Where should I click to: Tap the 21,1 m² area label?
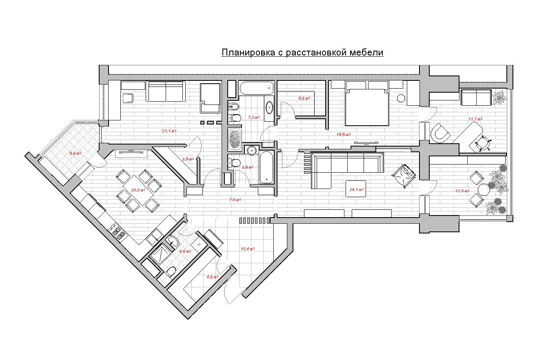click(169, 131)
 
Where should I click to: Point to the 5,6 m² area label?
click(75, 153)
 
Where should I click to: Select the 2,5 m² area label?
click(188, 159)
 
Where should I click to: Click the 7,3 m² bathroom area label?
click(253, 117)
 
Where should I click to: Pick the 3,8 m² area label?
click(248, 167)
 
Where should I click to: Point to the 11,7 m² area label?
click(475, 119)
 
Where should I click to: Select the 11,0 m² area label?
click(462, 191)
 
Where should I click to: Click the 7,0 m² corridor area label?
click(235, 200)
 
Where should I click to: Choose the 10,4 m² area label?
click(248, 249)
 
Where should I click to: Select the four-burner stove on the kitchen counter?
click(118, 232)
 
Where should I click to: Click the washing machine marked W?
click(200, 244)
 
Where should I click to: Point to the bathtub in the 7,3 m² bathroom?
click(256, 87)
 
